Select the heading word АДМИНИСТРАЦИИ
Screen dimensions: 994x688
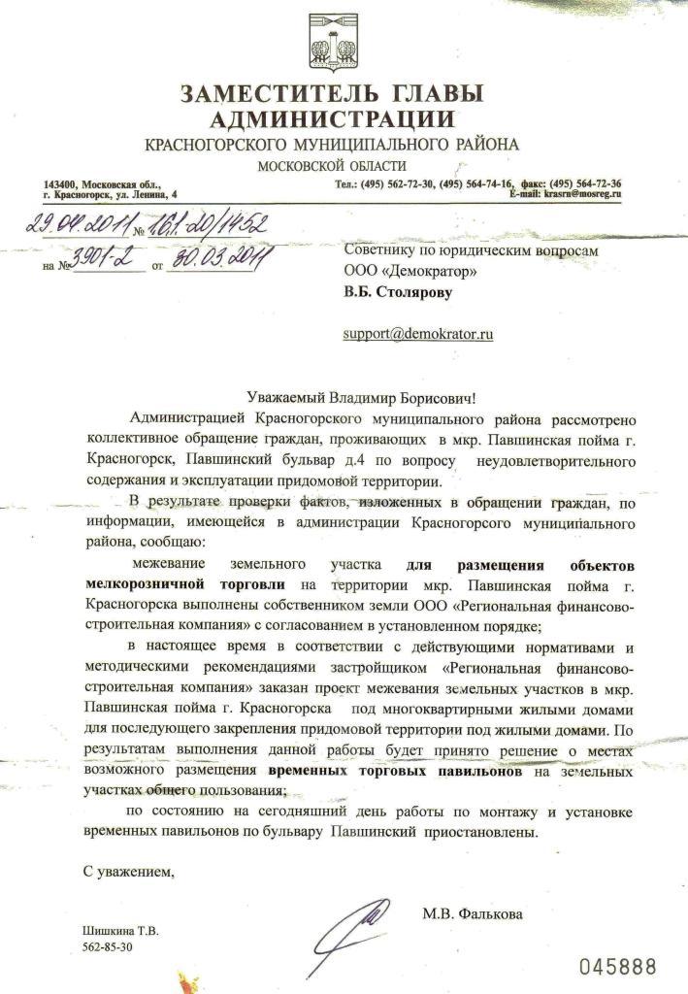[332, 120]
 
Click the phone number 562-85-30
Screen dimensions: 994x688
[108, 945]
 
